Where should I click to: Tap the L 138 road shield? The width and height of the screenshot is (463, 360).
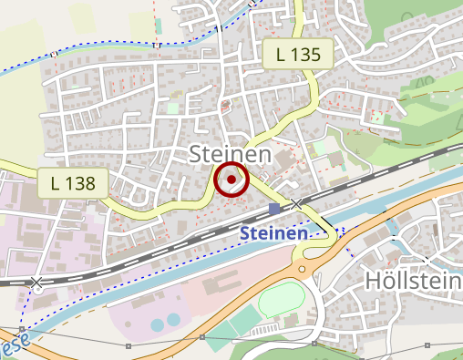click(75, 182)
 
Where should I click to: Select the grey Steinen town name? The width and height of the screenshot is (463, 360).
click(230, 154)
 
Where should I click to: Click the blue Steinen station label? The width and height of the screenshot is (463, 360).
click(273, 234)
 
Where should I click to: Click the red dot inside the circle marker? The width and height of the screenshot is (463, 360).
click(231, 180)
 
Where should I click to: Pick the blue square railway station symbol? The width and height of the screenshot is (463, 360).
click(275, 210)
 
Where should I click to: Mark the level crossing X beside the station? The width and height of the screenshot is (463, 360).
click(297, 203)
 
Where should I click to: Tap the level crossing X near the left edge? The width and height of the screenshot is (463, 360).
click(36, 283)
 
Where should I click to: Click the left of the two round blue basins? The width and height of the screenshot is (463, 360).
click(158, 324)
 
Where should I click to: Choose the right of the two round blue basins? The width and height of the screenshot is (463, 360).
click(174, 321)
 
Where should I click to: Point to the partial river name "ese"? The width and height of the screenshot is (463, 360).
click(13, 347)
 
